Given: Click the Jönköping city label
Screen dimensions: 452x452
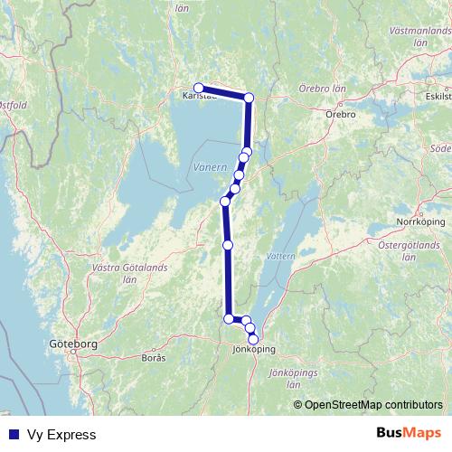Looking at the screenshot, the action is [x=253, y=349].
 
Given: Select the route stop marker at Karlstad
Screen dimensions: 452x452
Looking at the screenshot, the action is [x=199, y=88].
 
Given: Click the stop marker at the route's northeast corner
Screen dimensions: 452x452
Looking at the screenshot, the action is [x=250, y=98].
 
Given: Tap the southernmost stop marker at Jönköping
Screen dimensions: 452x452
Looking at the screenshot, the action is [x=253, y=338].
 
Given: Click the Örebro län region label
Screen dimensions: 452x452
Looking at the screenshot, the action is [x=320, y=90].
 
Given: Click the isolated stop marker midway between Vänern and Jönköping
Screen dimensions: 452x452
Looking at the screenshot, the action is [x=228, y=245].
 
